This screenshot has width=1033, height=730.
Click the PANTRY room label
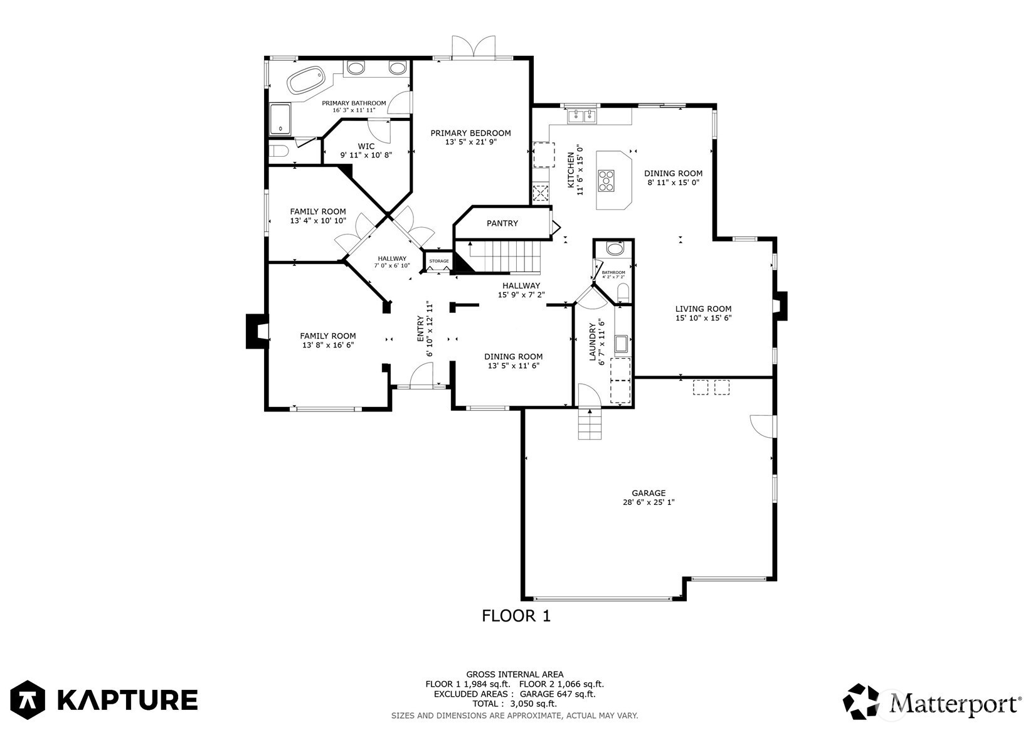502,223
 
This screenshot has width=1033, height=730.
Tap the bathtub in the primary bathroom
305,81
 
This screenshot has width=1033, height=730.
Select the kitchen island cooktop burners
607,181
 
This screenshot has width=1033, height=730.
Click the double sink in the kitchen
583,116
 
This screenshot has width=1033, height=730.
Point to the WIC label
366,147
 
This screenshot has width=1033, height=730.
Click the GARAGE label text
649,493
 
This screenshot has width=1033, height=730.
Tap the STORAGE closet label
438,261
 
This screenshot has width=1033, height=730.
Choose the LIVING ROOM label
703,309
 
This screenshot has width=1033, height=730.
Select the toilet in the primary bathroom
278,151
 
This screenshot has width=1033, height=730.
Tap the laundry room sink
621,344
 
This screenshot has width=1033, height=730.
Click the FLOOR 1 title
516,616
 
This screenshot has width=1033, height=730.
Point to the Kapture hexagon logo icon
28,699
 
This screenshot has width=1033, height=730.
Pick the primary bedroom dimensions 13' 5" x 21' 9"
471,142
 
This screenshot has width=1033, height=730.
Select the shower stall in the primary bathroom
280,119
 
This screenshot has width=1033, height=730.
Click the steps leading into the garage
590,424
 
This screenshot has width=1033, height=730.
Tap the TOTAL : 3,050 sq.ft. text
515,704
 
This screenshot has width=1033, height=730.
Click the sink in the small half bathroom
614,249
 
